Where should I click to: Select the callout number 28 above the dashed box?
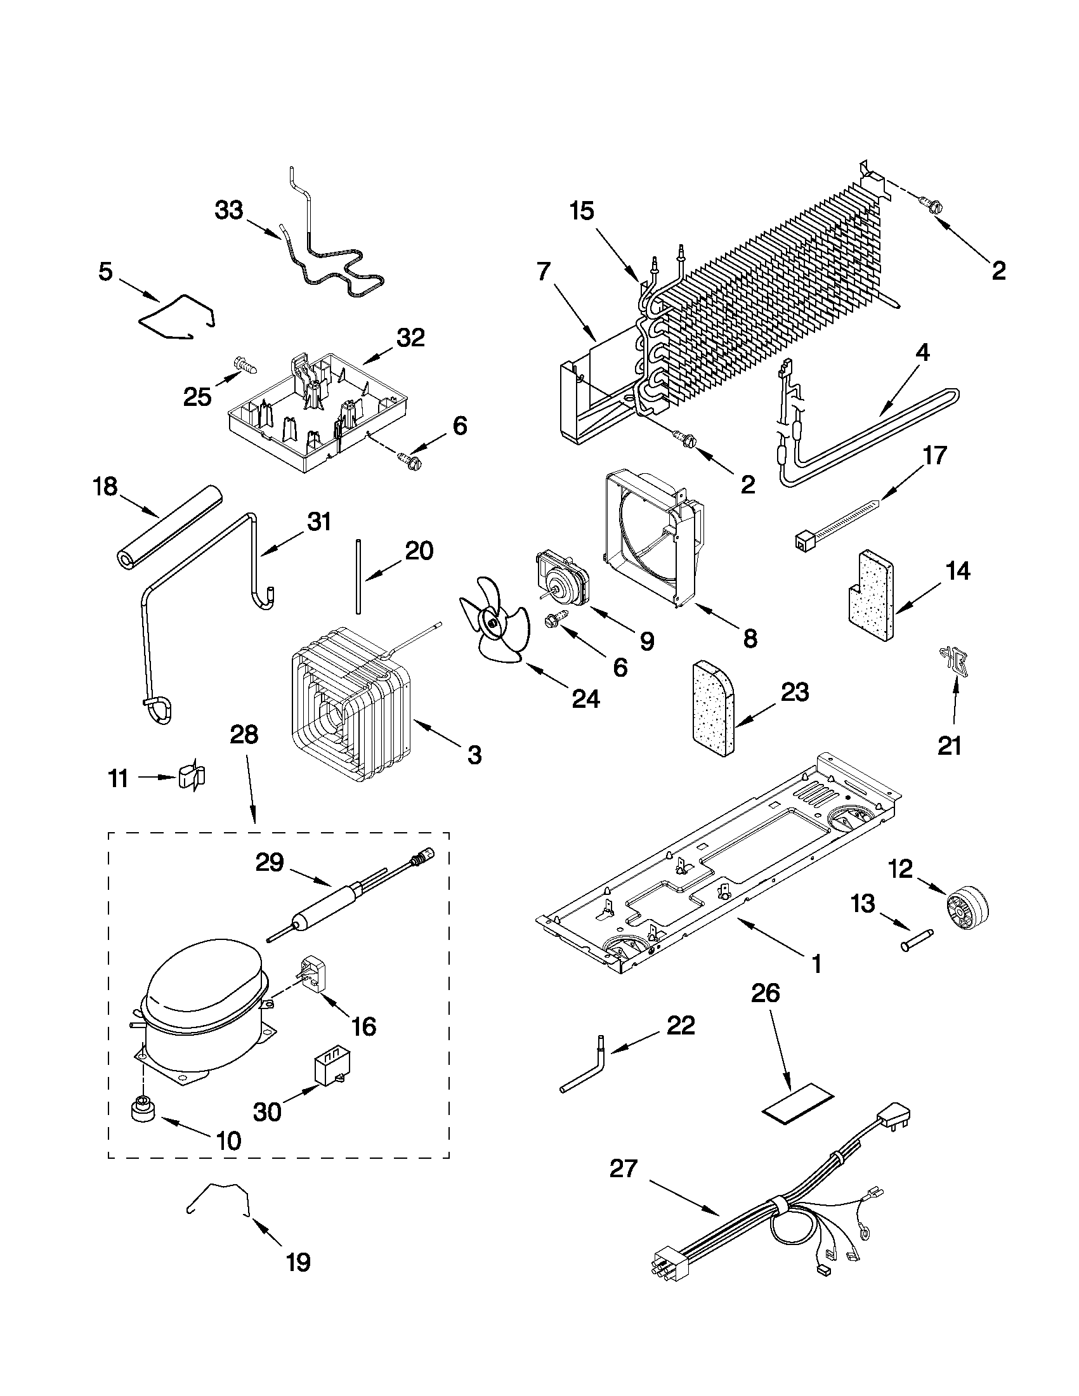tap(244, 734)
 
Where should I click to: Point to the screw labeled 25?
tap(248, 365)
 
